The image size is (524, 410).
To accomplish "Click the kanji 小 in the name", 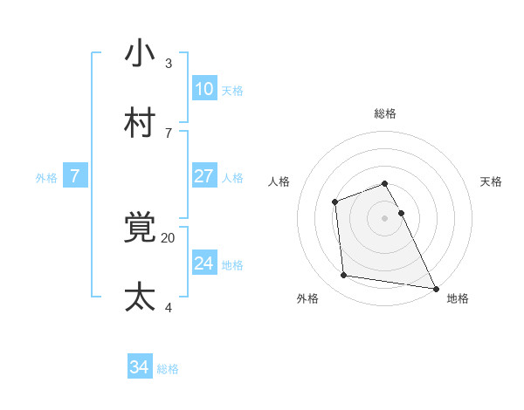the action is click(140, 54).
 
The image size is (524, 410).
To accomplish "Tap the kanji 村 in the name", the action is click(140, 123).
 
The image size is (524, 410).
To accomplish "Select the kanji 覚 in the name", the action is click(140, 228).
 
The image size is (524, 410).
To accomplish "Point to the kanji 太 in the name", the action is click(140, 297).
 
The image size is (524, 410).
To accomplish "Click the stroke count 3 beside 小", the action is click(169, 63).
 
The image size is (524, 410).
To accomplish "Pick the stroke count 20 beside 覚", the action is click(168, 236).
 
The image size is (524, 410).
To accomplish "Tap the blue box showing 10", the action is click(204, 88).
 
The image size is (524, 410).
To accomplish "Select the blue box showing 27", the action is click(204, 175).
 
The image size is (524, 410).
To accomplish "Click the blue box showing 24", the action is click(204, 263).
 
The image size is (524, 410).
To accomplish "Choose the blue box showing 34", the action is click(140, 367).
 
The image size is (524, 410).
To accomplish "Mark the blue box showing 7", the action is click(75, 176).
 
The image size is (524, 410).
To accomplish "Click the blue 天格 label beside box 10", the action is click(232, 91).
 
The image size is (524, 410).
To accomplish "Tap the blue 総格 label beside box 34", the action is click(168, 370).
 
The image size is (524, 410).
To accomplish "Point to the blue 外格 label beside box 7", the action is click(46, 178).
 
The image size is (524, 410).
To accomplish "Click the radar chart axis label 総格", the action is click(385, 113).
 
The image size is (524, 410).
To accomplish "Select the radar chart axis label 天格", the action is click(492, 181).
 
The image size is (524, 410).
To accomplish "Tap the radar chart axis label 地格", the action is click(458, 298).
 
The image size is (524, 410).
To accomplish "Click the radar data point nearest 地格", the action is click(435, 288).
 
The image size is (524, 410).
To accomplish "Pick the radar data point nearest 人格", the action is click(334, 203).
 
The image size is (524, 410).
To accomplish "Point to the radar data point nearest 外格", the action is click(344, 276).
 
